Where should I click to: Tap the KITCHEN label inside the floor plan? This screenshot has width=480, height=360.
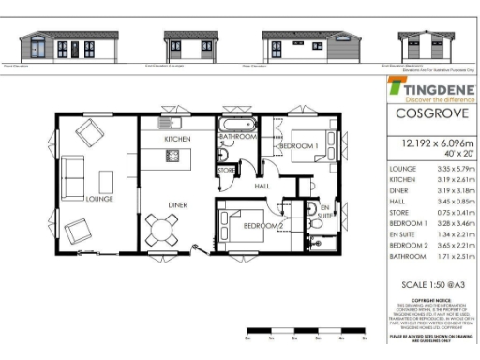[x=178, y=138]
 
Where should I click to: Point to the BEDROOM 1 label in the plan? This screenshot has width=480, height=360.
[x=298, y=146]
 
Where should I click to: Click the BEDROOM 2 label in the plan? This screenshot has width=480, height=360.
[x=264, y=226]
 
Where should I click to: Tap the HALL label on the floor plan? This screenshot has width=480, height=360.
[x=262, y=187]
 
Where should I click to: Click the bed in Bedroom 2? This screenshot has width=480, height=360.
[x=238, y=226]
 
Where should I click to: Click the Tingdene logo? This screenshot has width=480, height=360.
[x=428, y=89]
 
